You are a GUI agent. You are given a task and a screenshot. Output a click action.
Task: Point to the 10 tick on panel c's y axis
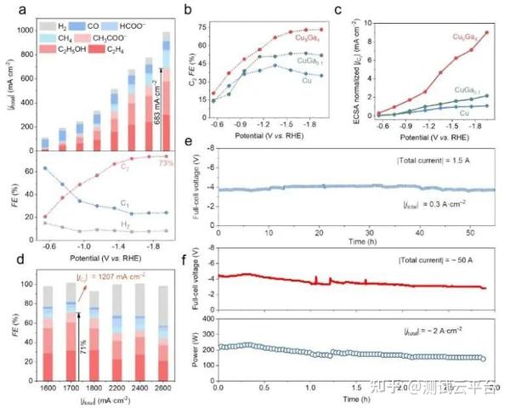[x=371, y=26]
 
